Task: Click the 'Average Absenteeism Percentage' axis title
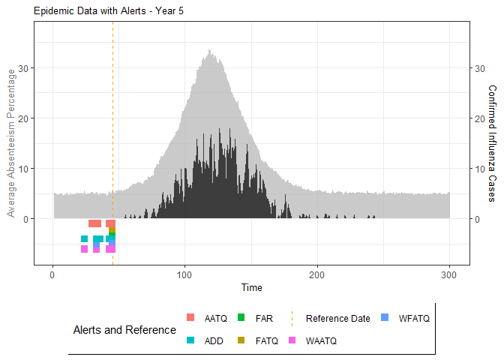coord(11,142)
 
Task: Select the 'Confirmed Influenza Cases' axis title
coord(492,142)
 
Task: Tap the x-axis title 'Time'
coord(252,287)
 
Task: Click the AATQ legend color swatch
coord(190,318)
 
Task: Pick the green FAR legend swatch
coord(241,318)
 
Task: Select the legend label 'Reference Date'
coord(337,318)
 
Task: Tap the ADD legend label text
coord(214,340)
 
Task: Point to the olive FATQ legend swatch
coord(241,340)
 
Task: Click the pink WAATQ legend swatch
coord(292,340)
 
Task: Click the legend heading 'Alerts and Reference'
coord(124,329)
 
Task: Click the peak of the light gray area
coord(209,51)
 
